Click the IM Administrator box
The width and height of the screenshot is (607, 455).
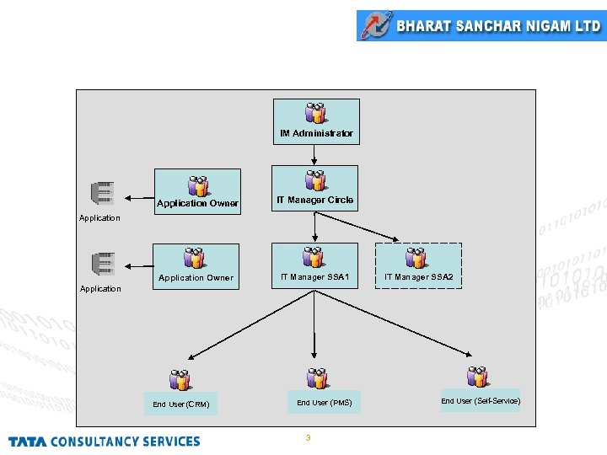point(316,121)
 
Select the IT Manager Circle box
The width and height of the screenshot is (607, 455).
point(314,189)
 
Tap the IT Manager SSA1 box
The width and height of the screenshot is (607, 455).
point(314,265)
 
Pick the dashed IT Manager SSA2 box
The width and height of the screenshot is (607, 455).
point(418,265)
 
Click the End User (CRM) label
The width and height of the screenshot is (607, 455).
point(180,404)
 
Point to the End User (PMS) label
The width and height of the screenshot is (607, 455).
point(325,403)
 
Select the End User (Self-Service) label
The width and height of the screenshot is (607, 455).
point(481,401)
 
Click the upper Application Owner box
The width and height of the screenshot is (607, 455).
point(197,191)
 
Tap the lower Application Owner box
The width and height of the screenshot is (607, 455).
point(196,266)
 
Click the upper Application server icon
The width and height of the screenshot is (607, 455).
point(103,193)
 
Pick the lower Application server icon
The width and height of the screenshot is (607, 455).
point(104,264)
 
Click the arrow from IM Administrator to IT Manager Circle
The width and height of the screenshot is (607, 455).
point(314,155)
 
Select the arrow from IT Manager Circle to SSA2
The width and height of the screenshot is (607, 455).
point(357,227)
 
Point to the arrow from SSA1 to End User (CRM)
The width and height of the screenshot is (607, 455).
point(251,325)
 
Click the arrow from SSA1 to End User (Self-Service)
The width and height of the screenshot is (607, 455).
point(393,323)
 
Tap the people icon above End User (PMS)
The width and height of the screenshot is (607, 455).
point(318,378)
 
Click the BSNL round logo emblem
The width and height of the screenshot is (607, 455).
point(377,25)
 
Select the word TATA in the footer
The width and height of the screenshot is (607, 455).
point(28,442)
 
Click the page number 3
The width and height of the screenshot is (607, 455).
point(309,437)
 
